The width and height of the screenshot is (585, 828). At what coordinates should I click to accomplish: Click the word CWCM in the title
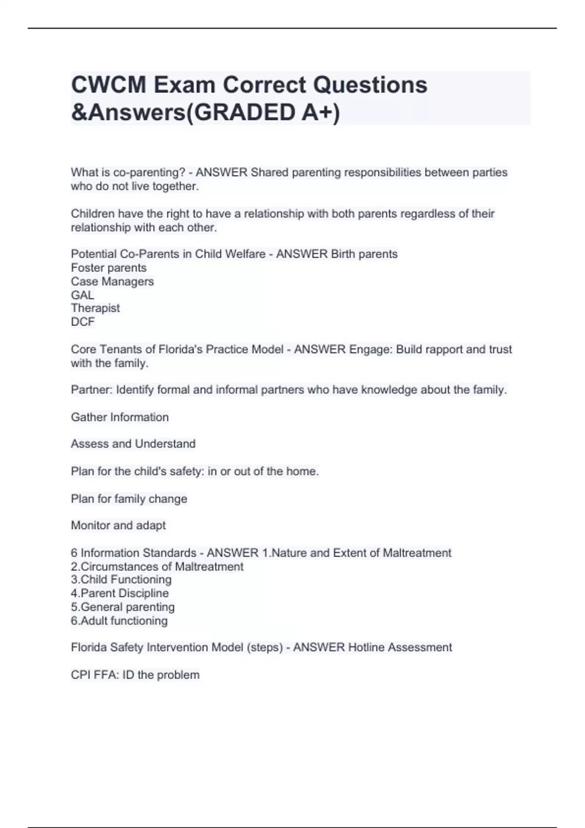click(109, 85)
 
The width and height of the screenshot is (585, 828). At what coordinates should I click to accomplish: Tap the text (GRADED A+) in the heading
click(263, 113)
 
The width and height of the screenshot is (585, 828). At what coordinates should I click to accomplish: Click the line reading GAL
click(82, 295)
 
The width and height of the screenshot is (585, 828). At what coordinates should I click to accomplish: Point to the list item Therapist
click(95, 308)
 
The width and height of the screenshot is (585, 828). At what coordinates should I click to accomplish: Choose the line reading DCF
click(83, 322)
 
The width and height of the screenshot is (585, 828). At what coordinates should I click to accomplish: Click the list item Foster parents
click(109, 268)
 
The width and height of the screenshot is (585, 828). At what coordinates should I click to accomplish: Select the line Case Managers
click(112, 282)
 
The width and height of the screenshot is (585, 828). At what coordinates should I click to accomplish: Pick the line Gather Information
click(120, 417)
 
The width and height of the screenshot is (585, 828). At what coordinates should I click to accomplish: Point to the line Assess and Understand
click(133, 444)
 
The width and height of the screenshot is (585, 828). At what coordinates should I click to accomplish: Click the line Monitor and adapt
click(118, 526)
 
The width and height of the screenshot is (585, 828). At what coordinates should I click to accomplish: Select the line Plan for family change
click(129, 499)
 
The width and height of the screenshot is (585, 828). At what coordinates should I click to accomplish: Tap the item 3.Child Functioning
click(121, 580)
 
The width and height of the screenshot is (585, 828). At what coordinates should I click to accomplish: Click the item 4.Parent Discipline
click(120, 593)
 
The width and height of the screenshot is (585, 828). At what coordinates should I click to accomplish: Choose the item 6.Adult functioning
click(119, 621)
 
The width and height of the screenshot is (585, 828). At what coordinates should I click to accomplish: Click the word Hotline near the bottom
click(367, 647)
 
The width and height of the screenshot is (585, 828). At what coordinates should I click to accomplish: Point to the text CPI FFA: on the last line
click(95, 675)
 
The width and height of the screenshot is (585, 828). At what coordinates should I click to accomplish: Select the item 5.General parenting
click(123, 607)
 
